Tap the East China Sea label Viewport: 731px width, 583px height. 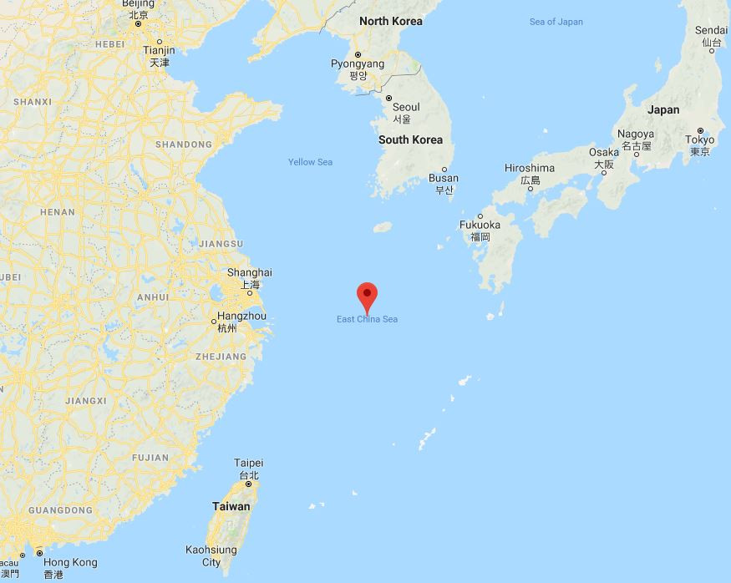coord(368,319)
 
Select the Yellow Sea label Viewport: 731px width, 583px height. coord(311,162)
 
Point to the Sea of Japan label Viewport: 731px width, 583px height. coord(556,22)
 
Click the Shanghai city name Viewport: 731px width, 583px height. coord(250,273)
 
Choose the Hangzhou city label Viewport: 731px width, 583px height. coord(241,317)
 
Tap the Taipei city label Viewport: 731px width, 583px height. coord(249,463)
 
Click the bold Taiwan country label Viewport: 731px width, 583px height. coord(231,506)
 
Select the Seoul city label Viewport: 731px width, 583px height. coord(406,108)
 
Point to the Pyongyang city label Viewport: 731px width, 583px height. coord(358,64)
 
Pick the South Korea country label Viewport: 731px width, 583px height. coord(410,139)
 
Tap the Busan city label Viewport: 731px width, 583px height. coord(444,178)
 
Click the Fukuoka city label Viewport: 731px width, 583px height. coord(480,226)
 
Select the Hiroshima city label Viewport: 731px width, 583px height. coord(530,169)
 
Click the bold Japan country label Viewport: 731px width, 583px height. coord(663,109)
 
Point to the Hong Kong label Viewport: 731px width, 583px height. coord(70,562)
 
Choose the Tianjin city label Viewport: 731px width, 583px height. coord(159,50)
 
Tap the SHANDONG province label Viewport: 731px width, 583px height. coord(183,144)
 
